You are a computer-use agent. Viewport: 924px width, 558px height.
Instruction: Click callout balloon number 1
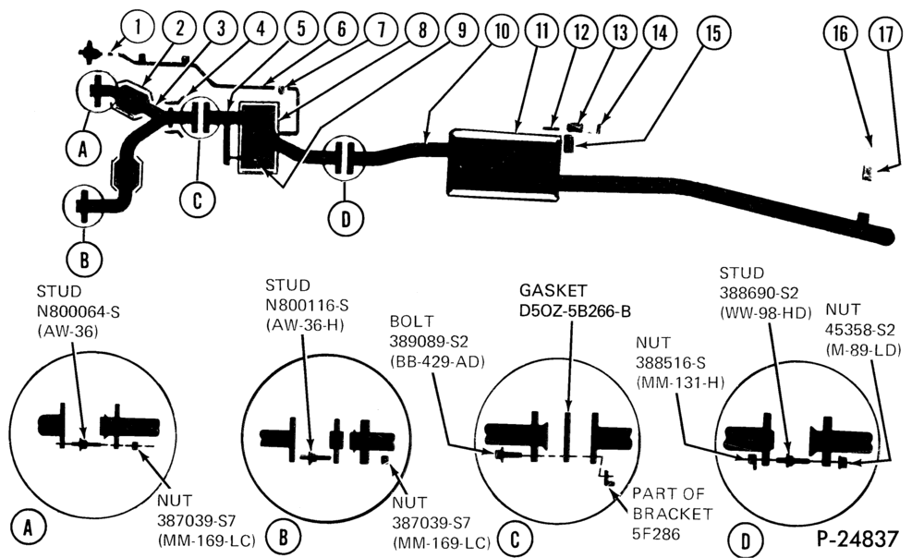pos(138,28)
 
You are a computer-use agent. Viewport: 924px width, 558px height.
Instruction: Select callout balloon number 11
pos(541,31)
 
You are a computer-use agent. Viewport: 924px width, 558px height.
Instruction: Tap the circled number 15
pos(713,32)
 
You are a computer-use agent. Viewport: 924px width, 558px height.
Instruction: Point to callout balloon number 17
pos(886,34)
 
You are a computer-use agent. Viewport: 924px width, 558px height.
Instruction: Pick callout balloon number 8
pos(422,30)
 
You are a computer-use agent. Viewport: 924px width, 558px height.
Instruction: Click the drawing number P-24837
pos(857,539)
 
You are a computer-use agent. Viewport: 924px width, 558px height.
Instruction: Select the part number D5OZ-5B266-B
pos(575,310)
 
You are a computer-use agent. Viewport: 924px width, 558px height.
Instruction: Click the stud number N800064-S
pos(79,311)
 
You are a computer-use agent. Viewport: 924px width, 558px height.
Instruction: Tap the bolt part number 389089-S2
pos(428,342)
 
